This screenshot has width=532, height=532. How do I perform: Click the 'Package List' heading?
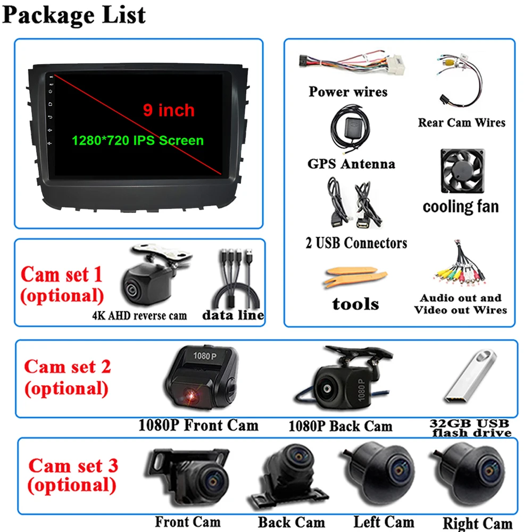point(74,14)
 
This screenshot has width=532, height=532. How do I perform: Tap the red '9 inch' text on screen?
point(169,110)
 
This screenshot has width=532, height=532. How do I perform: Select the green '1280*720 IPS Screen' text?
point(138,140)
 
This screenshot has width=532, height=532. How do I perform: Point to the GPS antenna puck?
point(351,127)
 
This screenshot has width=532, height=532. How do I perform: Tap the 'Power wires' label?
point(348,92)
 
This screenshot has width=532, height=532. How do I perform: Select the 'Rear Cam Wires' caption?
point(461,122)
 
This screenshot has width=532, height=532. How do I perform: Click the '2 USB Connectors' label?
point(356,243)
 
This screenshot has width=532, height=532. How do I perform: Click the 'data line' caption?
point(233,315)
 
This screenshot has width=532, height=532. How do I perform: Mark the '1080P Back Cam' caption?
point(340,426)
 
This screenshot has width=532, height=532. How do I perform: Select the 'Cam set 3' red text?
point(73,465)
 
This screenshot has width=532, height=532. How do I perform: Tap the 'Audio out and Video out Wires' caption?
point(461,304)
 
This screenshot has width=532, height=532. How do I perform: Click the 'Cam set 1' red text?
point(61,275)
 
